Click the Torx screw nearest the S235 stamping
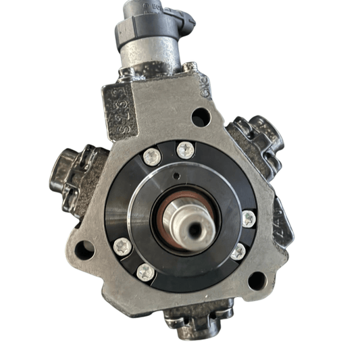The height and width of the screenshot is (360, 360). point(150,157)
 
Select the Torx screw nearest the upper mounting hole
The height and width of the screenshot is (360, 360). point(184,149)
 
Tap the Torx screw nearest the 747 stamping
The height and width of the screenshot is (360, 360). point(249,217)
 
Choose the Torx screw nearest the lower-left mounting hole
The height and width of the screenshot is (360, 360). point(122,247)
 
